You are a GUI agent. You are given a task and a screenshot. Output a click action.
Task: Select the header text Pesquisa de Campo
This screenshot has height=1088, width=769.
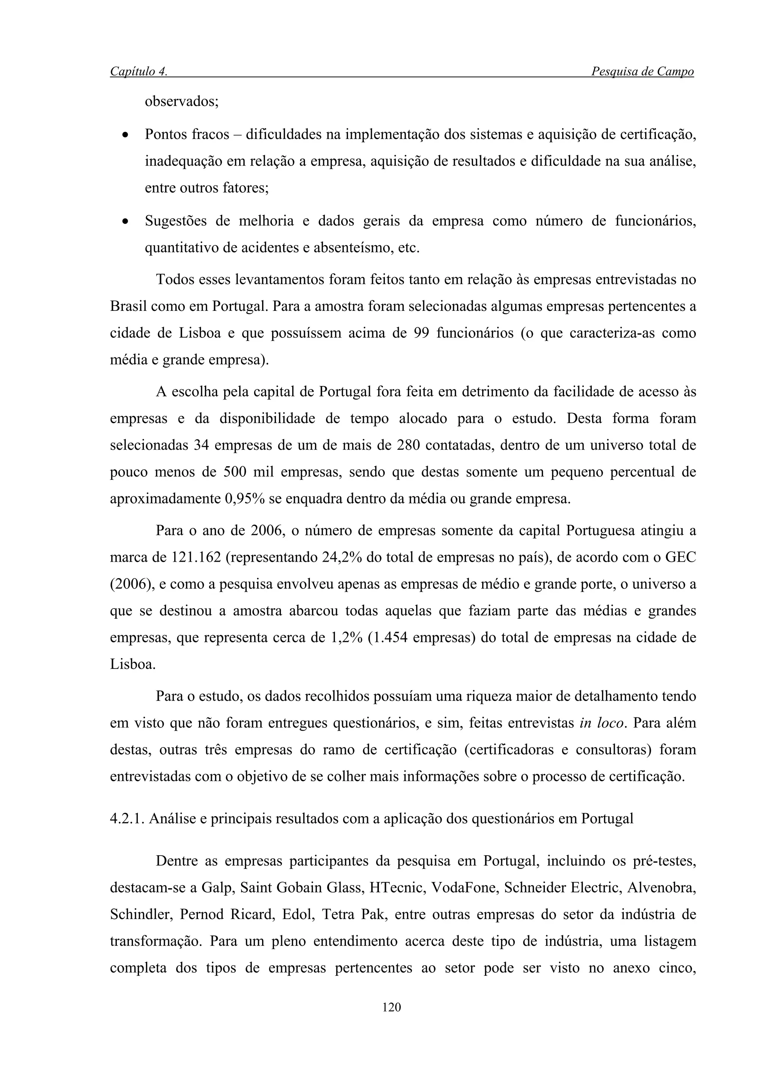click(x=642, y=72)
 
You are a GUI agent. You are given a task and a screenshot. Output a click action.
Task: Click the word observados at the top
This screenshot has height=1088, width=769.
click(x=181, y=102)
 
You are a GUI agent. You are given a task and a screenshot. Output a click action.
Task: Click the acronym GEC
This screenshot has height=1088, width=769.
click(x=680, y=557)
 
